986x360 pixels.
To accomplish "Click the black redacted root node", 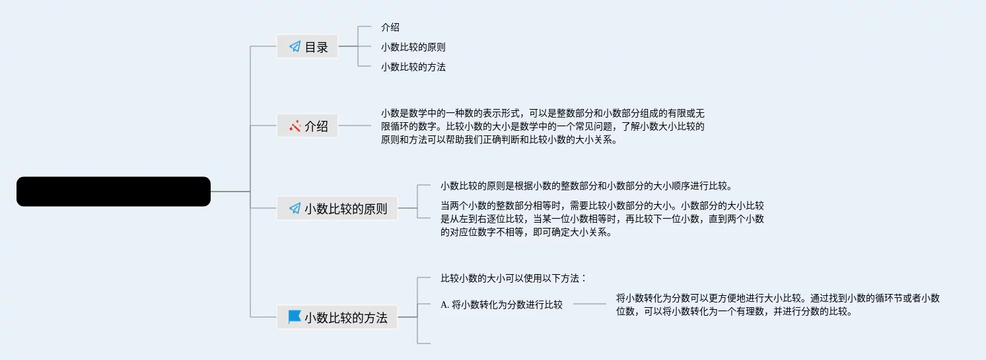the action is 113,192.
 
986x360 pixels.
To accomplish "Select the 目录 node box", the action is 307,47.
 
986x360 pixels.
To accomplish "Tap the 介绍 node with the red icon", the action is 307,126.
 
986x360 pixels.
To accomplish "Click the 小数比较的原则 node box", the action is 337,209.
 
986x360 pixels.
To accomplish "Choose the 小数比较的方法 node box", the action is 337,317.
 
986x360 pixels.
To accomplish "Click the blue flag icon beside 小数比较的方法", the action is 295,317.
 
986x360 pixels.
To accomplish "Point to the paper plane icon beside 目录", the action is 295,47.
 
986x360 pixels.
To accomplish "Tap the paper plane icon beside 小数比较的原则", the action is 295,209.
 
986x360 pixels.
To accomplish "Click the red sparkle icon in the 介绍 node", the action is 295,126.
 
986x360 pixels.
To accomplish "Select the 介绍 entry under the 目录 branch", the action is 390,27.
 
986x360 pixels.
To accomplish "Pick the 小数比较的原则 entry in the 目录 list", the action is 413,47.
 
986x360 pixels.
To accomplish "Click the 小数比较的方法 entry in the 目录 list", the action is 413,67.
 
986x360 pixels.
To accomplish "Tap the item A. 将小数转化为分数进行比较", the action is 501,305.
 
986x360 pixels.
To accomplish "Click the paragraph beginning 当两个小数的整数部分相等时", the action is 602,219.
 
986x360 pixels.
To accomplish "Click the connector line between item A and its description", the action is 589,305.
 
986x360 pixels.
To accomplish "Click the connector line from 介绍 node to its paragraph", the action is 355,126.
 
